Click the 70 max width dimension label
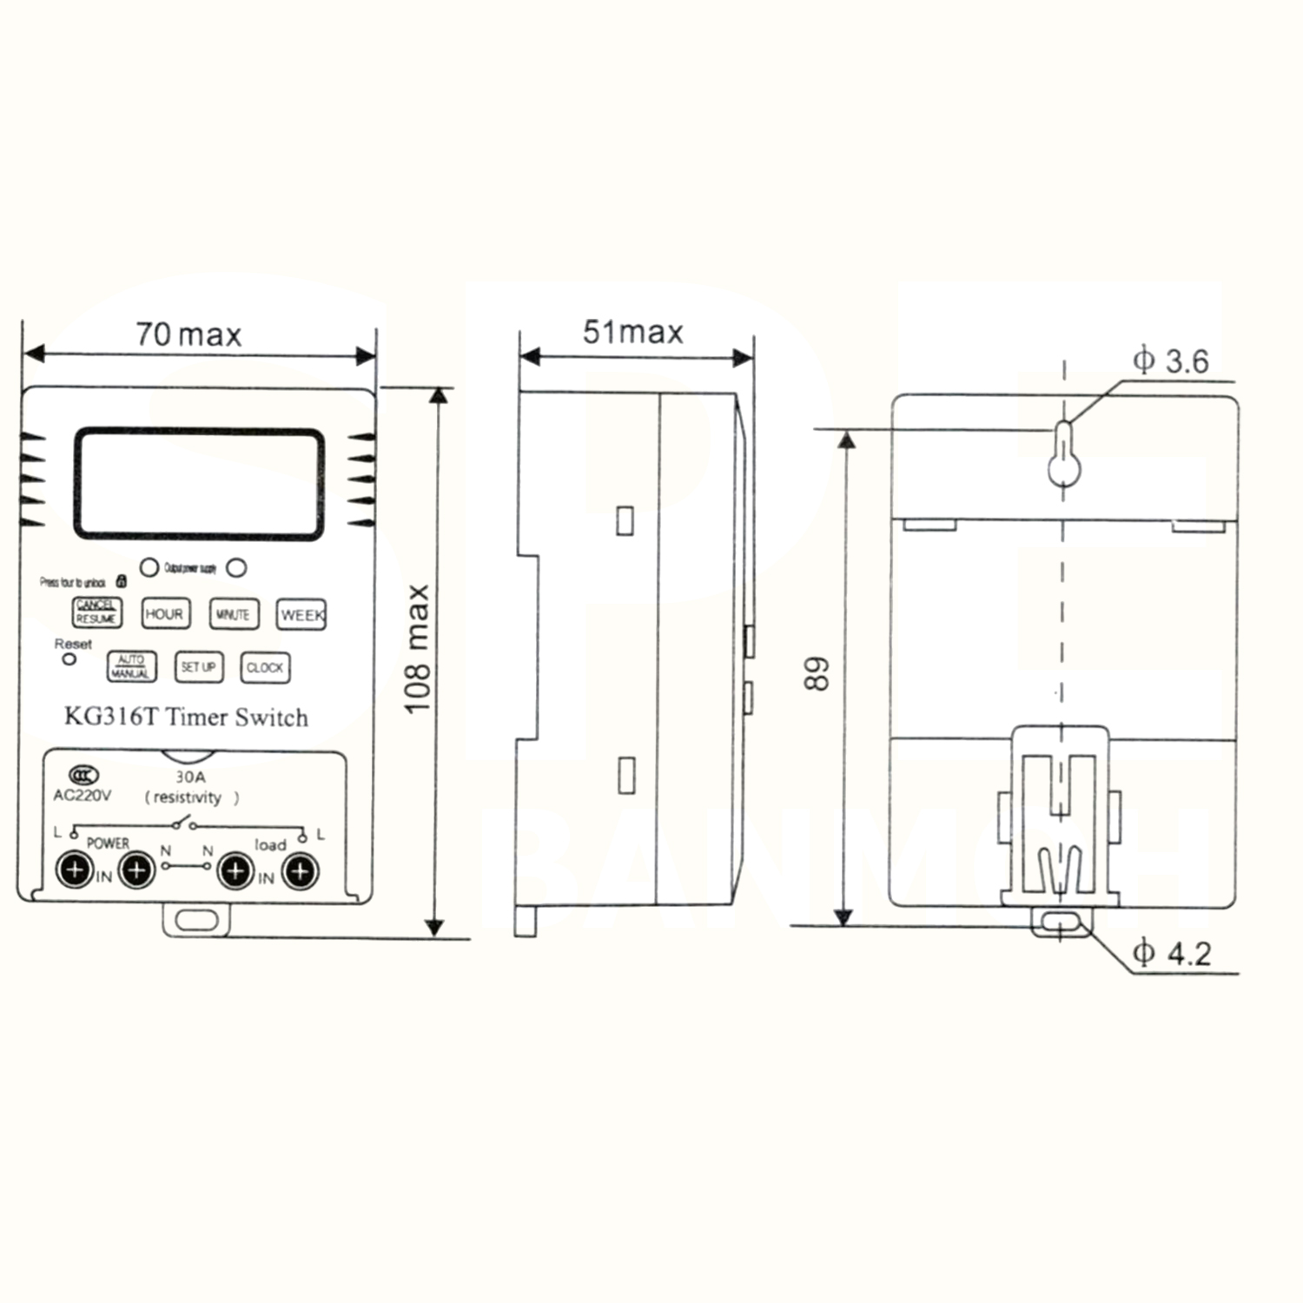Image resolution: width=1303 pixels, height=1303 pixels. (189, 334)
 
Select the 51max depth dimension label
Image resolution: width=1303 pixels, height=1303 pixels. (632, 332)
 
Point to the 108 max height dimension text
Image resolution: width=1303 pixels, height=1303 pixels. (418, 649)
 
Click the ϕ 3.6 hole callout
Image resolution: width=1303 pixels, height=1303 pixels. (1170, 360)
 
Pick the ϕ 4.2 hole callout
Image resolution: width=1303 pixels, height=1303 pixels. (1172, 954)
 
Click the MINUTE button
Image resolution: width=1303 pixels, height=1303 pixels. (234, 614)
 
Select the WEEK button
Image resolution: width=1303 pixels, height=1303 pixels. (301, 614)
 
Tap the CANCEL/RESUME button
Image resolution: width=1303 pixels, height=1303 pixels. (96, 612)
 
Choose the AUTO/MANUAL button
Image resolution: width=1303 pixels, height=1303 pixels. (131, 666)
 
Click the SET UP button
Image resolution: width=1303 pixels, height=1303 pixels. (199, 666)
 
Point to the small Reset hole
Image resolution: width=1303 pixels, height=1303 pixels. (69, 659)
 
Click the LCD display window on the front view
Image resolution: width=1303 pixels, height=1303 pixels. (199, 483)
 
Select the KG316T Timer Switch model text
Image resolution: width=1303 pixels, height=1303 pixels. (186, 718)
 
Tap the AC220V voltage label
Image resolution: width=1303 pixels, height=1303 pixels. (83, 796)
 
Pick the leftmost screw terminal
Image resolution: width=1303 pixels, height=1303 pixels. (76, 870)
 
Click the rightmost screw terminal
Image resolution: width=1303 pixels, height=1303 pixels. (301, 871)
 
